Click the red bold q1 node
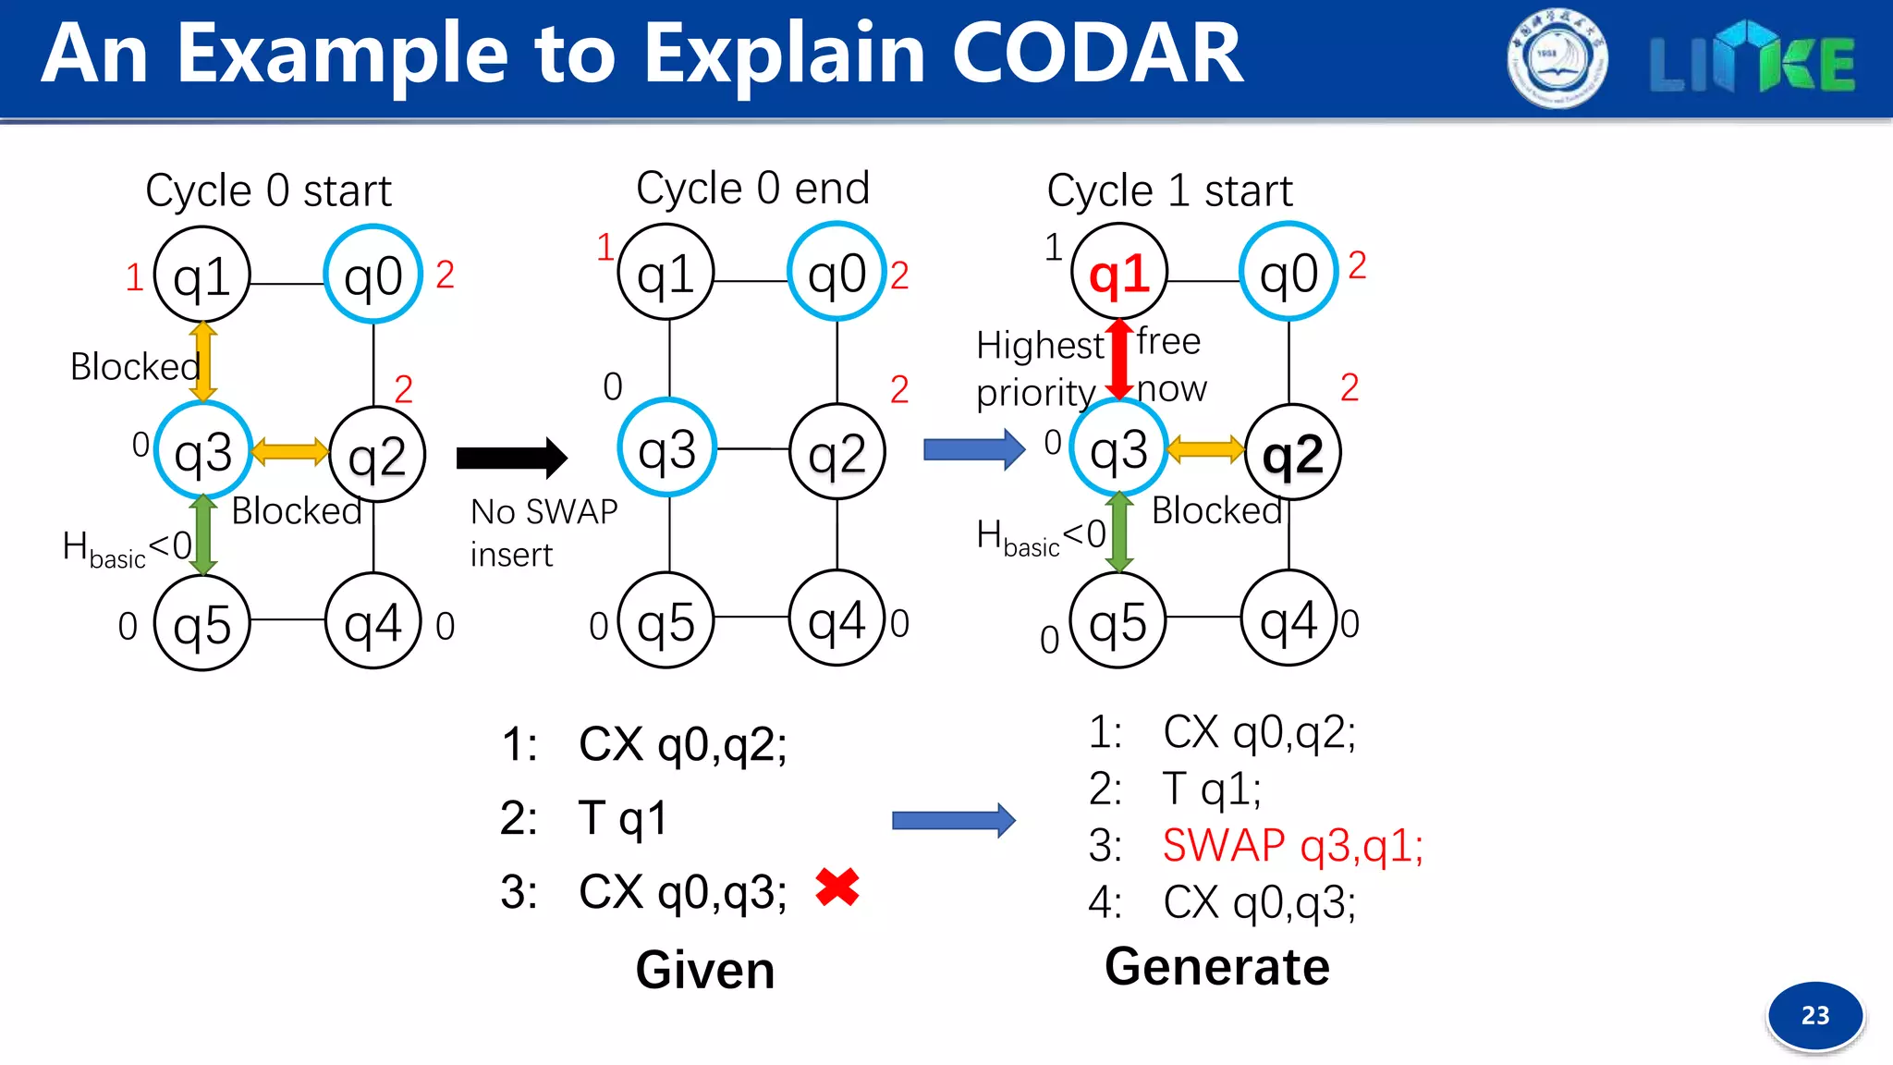click(x=1119, y=275)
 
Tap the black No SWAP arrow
click(x=511, y=458)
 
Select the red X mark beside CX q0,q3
click(x=837, y=887)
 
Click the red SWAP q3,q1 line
click(x=1292, y=845)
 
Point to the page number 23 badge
click(x=1814, y=1015)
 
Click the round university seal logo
click(x=1557, y=59)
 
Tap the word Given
click(x=705, y=970)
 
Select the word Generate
click(x=1216, y=967)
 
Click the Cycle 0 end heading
click(x=752, y=189)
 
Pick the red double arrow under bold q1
click(x=1119, y=359)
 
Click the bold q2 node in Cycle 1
click(x=1292, y=454)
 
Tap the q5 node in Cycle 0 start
click(x=202, y=623)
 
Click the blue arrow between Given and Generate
click(x=953, y=820)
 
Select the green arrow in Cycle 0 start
click(x=203, y=534)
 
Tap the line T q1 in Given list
click(x=621, y=818)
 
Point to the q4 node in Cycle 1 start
click(x=1288, y=620)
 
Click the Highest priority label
click(x=1038, y=368)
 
